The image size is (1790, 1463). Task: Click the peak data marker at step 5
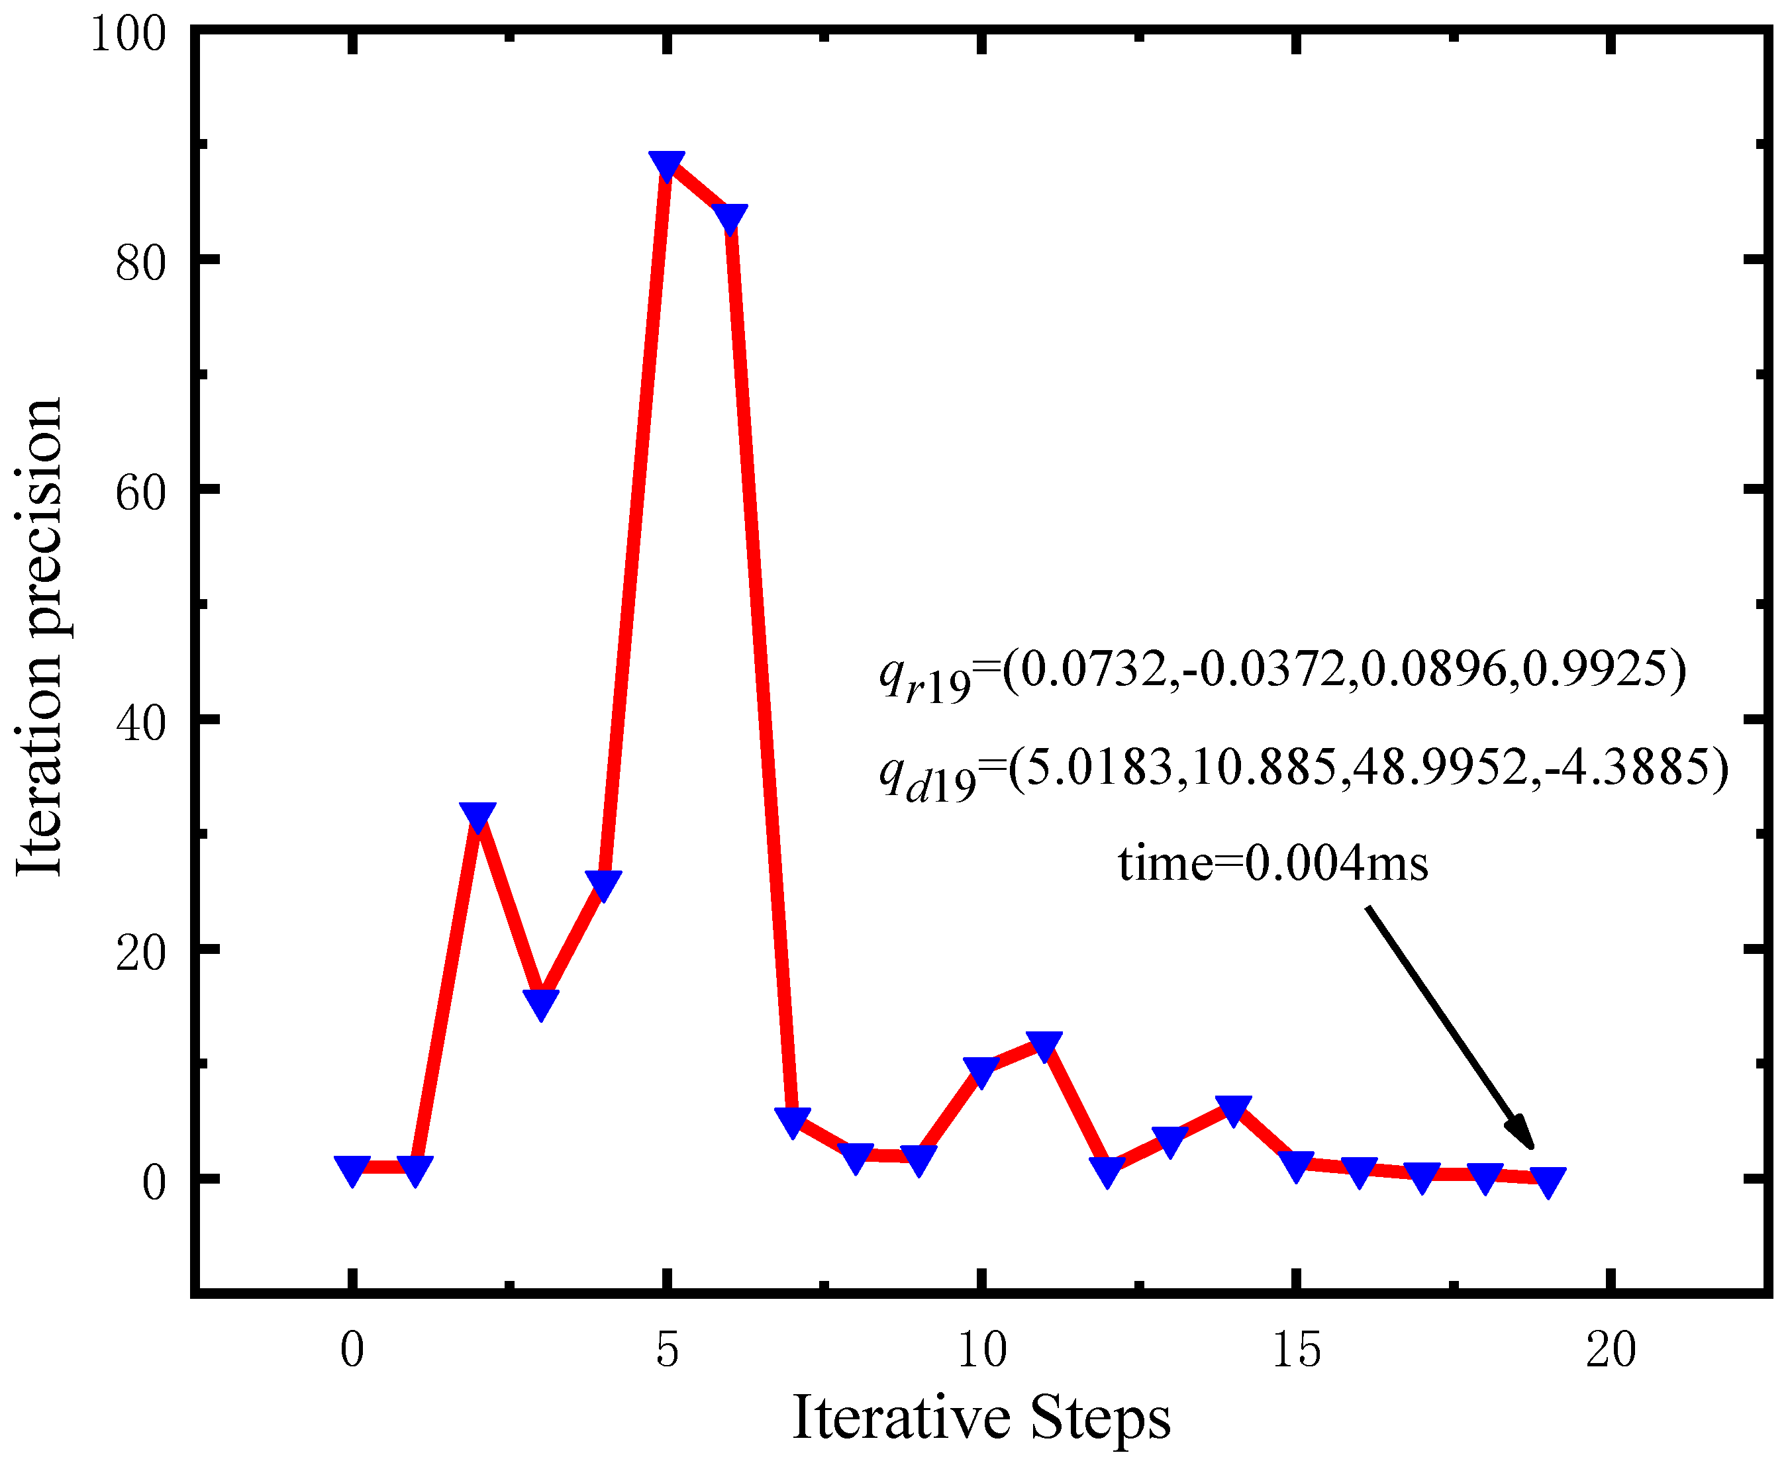click(x=667, y=165)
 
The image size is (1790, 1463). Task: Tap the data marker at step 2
click(x=478, y=816)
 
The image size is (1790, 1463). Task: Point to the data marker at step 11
click(x=1044, y=1045)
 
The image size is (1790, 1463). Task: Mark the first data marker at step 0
click(x=352, y=1170)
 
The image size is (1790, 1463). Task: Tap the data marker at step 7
click(x=793, y=1121)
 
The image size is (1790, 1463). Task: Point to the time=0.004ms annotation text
click(x=1273, y=865)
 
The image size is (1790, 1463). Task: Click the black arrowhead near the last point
click(x=1522, y=1133)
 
